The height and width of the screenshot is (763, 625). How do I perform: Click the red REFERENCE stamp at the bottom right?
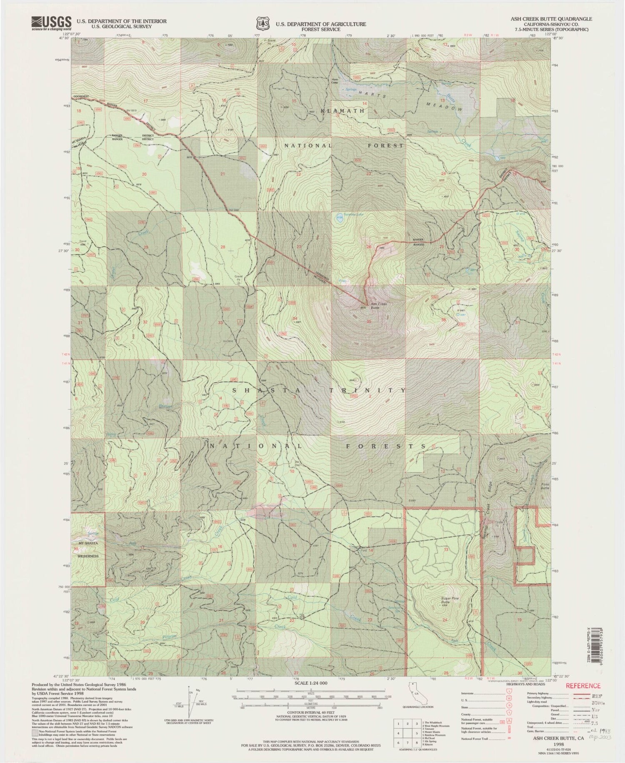[582, 685]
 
